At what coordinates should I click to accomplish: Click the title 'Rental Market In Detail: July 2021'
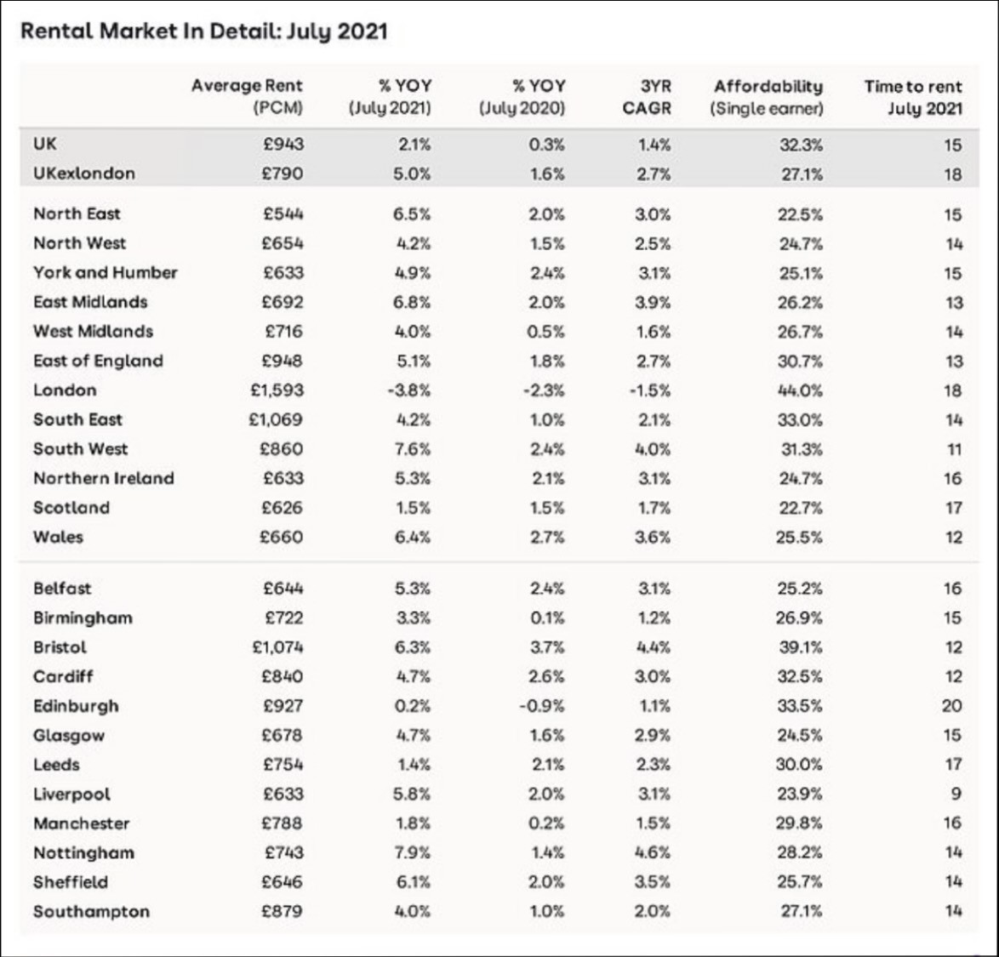coord(203,32)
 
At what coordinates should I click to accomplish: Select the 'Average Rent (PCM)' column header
coord(247,97)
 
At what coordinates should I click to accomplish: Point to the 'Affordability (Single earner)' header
coord(768,97)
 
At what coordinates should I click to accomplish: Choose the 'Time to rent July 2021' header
coord(913,97)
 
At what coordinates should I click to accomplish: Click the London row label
coord(65,390)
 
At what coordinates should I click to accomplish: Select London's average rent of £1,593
coord(277,390)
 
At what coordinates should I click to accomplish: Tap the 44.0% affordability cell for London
coord(800,390)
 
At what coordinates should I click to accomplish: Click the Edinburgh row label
coord(76,706)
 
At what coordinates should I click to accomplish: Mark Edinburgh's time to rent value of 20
coord(952,706)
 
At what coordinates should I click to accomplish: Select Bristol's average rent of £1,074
coord(277,647)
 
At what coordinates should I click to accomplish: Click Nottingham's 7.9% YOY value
coord(413,852)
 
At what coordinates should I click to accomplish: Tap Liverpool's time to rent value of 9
coord(956,794)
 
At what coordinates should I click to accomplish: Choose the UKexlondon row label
coord(83,174)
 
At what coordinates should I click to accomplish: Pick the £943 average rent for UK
coord(283,145)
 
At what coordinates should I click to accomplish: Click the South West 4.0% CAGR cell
coord(654,449)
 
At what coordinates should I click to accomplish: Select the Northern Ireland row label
coord(103,478)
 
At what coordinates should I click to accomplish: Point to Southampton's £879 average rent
coord(283,911)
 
